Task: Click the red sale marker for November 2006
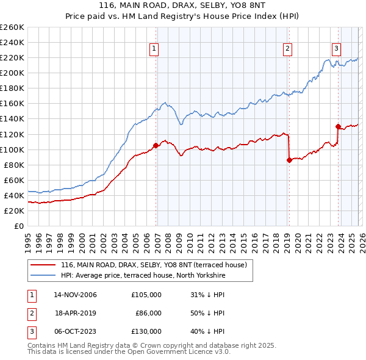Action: (x=156, y=145)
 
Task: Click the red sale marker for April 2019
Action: (x=289, y=160)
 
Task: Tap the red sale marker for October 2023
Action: (x=337, y=126)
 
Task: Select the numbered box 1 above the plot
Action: (x=154, y=49)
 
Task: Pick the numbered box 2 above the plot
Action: (x=287, y=49)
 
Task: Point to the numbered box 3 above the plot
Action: (x=336, y=49)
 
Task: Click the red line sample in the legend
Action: (x=43, y=265)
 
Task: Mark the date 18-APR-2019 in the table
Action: (x=76, y=313)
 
